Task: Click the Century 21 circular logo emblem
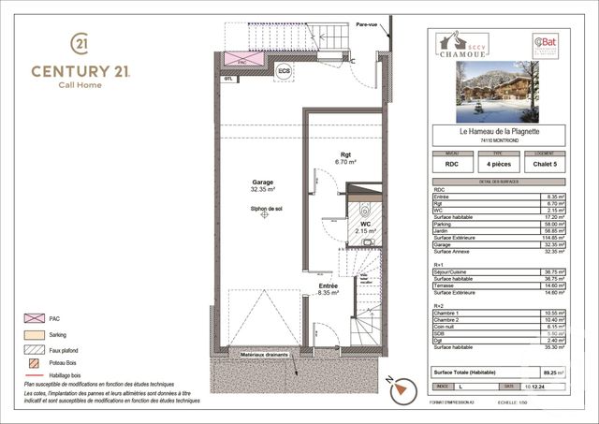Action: pyautogui.click(x=80, y=44)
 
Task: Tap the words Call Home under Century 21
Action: pyautogui.click(x=80, y=85)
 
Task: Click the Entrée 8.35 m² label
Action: pyautogui.click(x=327, y=288)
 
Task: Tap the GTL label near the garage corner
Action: pyautogui.click(x=227, y=80)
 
